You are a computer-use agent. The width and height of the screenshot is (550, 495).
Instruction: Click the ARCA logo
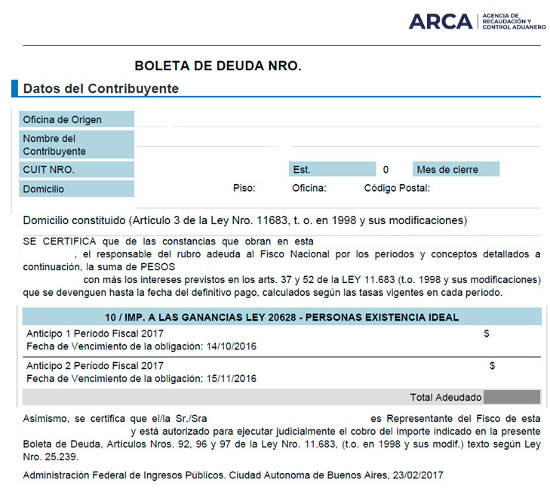(x=477, y=21)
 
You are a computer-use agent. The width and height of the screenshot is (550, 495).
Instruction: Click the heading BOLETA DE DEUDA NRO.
(x=217, y=66)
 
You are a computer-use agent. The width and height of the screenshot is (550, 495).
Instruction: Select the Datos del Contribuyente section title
(x=100, y=89)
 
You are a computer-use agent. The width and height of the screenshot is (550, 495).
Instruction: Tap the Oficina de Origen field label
(x=62, y=119)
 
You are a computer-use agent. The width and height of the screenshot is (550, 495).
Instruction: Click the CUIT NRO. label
(x=48, y=170)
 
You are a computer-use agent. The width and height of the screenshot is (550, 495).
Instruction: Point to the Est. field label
(x=302, y=170)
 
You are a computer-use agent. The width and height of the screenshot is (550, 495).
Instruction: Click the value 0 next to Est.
(x=386, y=170)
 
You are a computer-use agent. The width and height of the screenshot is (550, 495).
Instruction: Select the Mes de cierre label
(x=447, y=170)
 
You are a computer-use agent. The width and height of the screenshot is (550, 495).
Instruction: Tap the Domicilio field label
(x=44, y=189)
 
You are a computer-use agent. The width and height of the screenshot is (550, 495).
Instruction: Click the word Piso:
(x=244, y=189)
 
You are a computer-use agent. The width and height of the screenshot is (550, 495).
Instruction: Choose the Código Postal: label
(x=397, y=189)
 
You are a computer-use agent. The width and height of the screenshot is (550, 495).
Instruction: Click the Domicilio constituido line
(x=245, y=221)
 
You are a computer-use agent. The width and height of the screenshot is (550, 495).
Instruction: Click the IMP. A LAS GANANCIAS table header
(x=281, y=317)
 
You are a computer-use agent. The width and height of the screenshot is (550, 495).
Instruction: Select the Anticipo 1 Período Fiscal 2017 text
(x=95, y=334)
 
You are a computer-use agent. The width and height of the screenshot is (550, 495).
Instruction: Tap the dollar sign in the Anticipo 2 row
(x=492, y=365)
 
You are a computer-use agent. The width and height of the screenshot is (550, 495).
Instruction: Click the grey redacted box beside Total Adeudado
(x=512, y=397)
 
